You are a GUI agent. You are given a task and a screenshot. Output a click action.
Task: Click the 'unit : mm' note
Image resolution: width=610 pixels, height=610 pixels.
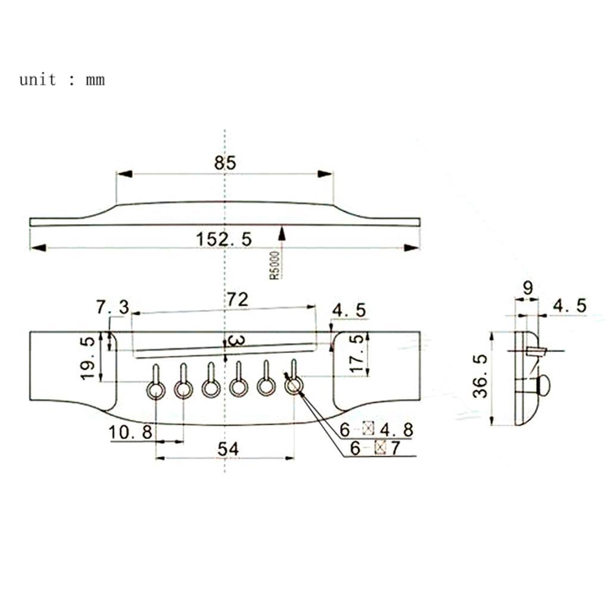click(x=62, y=80)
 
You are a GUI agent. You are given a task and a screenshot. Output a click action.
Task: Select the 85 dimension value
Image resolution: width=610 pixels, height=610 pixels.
click(x=225, y=163)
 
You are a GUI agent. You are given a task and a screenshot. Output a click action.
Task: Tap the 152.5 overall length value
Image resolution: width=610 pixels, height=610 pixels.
click(x=224, y=239)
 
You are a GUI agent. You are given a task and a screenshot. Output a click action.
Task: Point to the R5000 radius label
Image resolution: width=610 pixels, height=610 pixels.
click(x=275, y=265)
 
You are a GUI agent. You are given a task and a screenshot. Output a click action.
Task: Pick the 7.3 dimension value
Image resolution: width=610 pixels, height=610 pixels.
click(x=113, y=307)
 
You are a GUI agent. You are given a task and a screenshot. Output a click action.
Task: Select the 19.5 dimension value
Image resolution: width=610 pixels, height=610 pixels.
click(x=88, y=358)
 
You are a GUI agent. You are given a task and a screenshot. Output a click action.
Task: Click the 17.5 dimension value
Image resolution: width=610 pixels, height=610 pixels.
click(x=357, y=353)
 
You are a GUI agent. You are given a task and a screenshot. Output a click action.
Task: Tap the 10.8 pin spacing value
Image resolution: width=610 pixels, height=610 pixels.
click(x=130, y=432)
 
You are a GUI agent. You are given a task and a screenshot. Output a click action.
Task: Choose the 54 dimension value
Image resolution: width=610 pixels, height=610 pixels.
click(x=228, y=449)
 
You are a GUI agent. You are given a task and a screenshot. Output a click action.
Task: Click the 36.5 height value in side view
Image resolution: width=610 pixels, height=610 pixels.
click(x=480, y=376)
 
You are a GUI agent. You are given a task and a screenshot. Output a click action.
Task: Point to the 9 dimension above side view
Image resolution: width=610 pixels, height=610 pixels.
click(x=528, y=288)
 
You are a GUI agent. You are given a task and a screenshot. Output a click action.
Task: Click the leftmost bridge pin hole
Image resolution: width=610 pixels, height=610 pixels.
click(x=156, y=390)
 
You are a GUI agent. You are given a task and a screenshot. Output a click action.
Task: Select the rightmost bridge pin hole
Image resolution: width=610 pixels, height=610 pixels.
click(x=294, y=386)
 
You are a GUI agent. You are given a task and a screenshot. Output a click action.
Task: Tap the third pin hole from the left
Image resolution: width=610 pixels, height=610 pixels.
click(x=211, y=388)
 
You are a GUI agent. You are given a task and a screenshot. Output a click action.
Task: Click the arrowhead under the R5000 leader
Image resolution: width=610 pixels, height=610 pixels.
click(x=282, y=234)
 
